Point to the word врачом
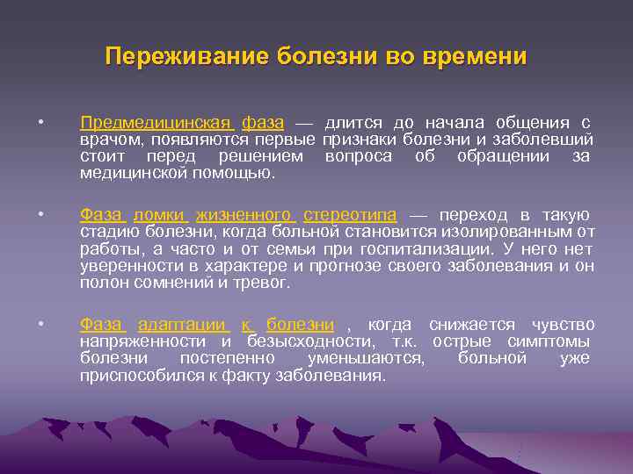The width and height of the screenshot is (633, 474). pos(112,139)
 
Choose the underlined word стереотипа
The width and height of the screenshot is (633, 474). pos(350,215)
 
